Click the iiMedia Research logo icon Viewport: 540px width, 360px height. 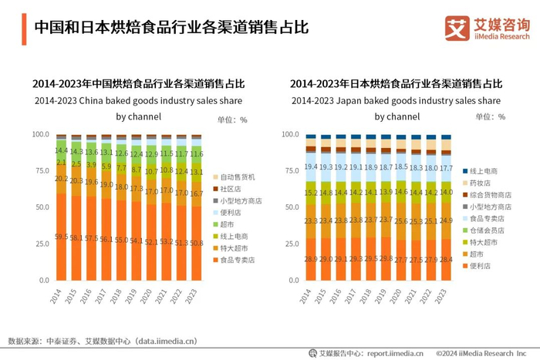click(x=457, y=28)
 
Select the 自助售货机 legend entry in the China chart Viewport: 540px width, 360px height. click(x=237, y=177)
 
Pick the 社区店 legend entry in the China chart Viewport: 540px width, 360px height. click(x=231, y=188)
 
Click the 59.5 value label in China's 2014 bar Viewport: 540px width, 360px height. click(x=61, y=236)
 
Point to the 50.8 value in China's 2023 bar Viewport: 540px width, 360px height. click(x=196, y=244)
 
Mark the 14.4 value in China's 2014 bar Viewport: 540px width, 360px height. click(x=61, y=150)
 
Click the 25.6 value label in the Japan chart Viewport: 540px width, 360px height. click(x=401, y=220)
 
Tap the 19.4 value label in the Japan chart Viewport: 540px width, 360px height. click(x=311, y=167)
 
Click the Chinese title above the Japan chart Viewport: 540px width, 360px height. click(x=396, y=83)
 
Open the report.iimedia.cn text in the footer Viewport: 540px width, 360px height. click(x=393, y=353)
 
